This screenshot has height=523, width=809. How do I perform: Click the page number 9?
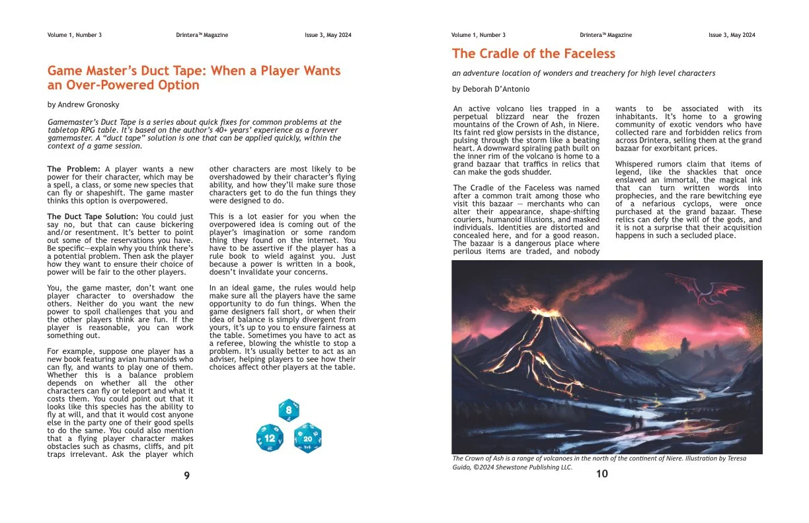tap(187, 475)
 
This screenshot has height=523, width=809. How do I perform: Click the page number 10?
tap(601, 473)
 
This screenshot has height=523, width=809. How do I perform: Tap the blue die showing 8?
tap(288, 411)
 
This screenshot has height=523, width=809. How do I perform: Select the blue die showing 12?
tap(270, 438)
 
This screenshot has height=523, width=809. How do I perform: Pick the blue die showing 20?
tap(307, 438)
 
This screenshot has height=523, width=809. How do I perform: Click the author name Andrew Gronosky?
tap(83, 104)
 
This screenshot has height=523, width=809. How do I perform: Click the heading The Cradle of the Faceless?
tap(533, 53)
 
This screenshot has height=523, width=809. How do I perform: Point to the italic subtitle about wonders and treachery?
tap(584, 73)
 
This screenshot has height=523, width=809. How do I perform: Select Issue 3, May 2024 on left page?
tap(328, 35)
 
